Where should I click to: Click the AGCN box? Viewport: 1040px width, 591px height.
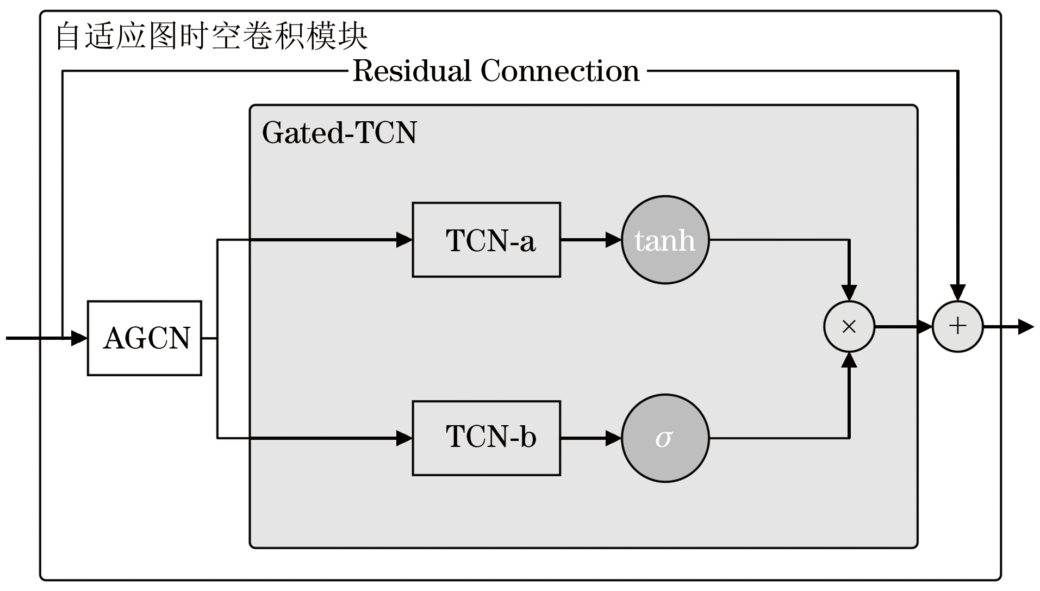click(145, 338)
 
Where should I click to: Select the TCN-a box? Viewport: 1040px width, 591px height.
click(486, 240)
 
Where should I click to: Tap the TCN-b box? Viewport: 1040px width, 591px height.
click(486, 438)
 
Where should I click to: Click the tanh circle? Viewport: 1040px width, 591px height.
click(665, 240)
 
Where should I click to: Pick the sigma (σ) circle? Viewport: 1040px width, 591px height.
click(665, 438)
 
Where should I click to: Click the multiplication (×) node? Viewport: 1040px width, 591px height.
click(849, 327)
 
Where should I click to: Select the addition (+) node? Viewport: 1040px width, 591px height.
click(957, 327)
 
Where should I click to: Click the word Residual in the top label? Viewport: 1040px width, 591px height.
click(412, 71)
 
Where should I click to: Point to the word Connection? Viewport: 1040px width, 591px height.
click(560, 71)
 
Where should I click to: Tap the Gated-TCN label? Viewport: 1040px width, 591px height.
click(339, 133)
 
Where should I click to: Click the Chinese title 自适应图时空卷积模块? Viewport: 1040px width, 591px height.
click(211, 36)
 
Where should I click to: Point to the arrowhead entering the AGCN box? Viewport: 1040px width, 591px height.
click(79, 338)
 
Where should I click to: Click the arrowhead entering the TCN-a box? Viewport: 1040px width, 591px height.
click(404, 240)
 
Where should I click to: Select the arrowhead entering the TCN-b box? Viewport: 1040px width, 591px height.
click(404, 438)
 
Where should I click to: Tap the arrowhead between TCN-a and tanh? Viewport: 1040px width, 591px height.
click(614, 240)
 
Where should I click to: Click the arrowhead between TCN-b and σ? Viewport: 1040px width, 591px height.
click(614, 438)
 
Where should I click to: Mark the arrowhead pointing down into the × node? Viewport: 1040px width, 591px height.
click(849, 293)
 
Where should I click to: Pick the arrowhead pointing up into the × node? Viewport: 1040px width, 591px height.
click(849, 360)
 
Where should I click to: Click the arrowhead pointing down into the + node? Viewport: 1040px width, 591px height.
click(957, 293)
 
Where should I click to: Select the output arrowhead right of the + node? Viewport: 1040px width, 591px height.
click(1025, 327)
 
